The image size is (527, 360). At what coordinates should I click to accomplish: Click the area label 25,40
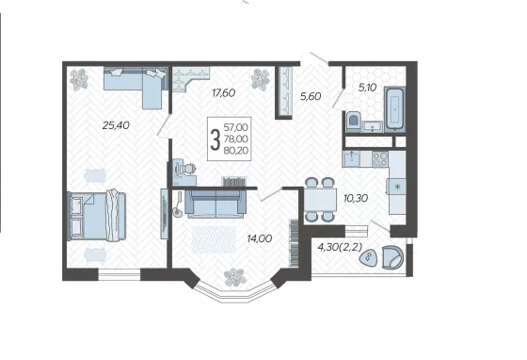tap(116, 125)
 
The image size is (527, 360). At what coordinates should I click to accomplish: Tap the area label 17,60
tap(224, 93)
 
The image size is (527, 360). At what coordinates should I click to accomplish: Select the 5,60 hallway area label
tap(311, 96)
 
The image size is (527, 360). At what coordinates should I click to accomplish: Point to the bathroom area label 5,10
tap(367, 88)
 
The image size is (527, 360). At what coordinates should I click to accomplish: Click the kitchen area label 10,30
tap(356, 198)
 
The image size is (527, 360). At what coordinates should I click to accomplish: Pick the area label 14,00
tap(260, 238)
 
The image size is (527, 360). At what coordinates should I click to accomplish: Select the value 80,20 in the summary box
tap(236, 150)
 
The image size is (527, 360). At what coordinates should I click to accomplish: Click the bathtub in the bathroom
tap(395, 108)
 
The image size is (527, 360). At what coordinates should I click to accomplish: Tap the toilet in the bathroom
tap(353, 122)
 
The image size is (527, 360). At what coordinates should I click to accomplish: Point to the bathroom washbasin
tap(373, 126)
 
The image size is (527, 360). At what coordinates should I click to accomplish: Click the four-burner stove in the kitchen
tap(380, 159)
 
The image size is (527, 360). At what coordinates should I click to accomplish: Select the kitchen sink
tap(352, 159)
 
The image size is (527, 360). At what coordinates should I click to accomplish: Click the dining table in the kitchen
tap(320, 200)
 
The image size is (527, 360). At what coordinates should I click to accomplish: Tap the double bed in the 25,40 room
tap(97, 216)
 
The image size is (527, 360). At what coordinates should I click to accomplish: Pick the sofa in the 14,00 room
tap(216, 204)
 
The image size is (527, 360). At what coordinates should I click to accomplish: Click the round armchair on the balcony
tap(392, 257)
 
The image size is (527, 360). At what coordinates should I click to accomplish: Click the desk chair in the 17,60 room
tap(188, 168)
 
